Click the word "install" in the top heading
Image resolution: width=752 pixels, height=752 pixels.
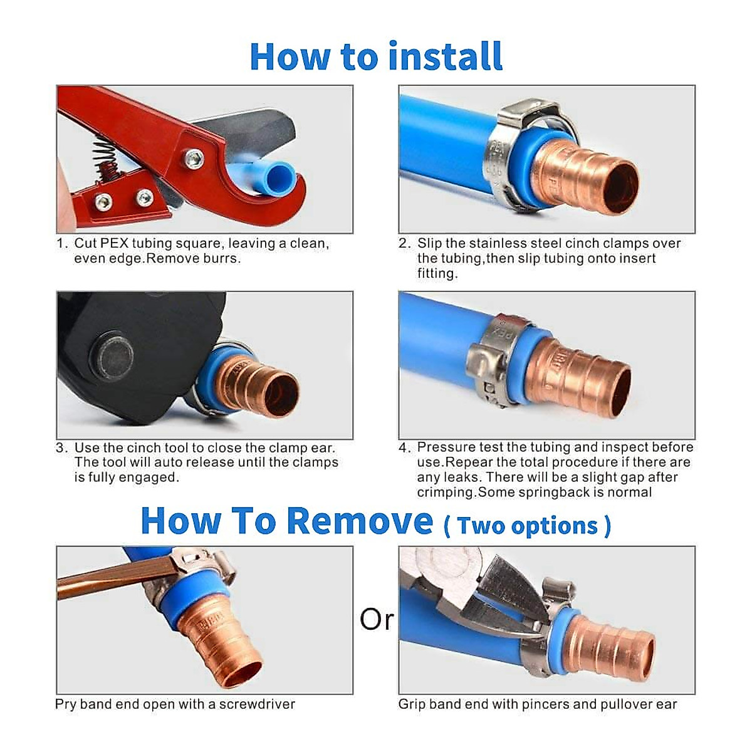tap(445, 56)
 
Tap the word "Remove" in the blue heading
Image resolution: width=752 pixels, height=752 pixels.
tap(362, 521)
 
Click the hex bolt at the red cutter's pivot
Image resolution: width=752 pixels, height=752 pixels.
tap(194, 159)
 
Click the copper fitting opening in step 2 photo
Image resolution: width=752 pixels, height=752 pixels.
tap(622, 188)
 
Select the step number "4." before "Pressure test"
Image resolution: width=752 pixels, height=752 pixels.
tap(405, 447)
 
